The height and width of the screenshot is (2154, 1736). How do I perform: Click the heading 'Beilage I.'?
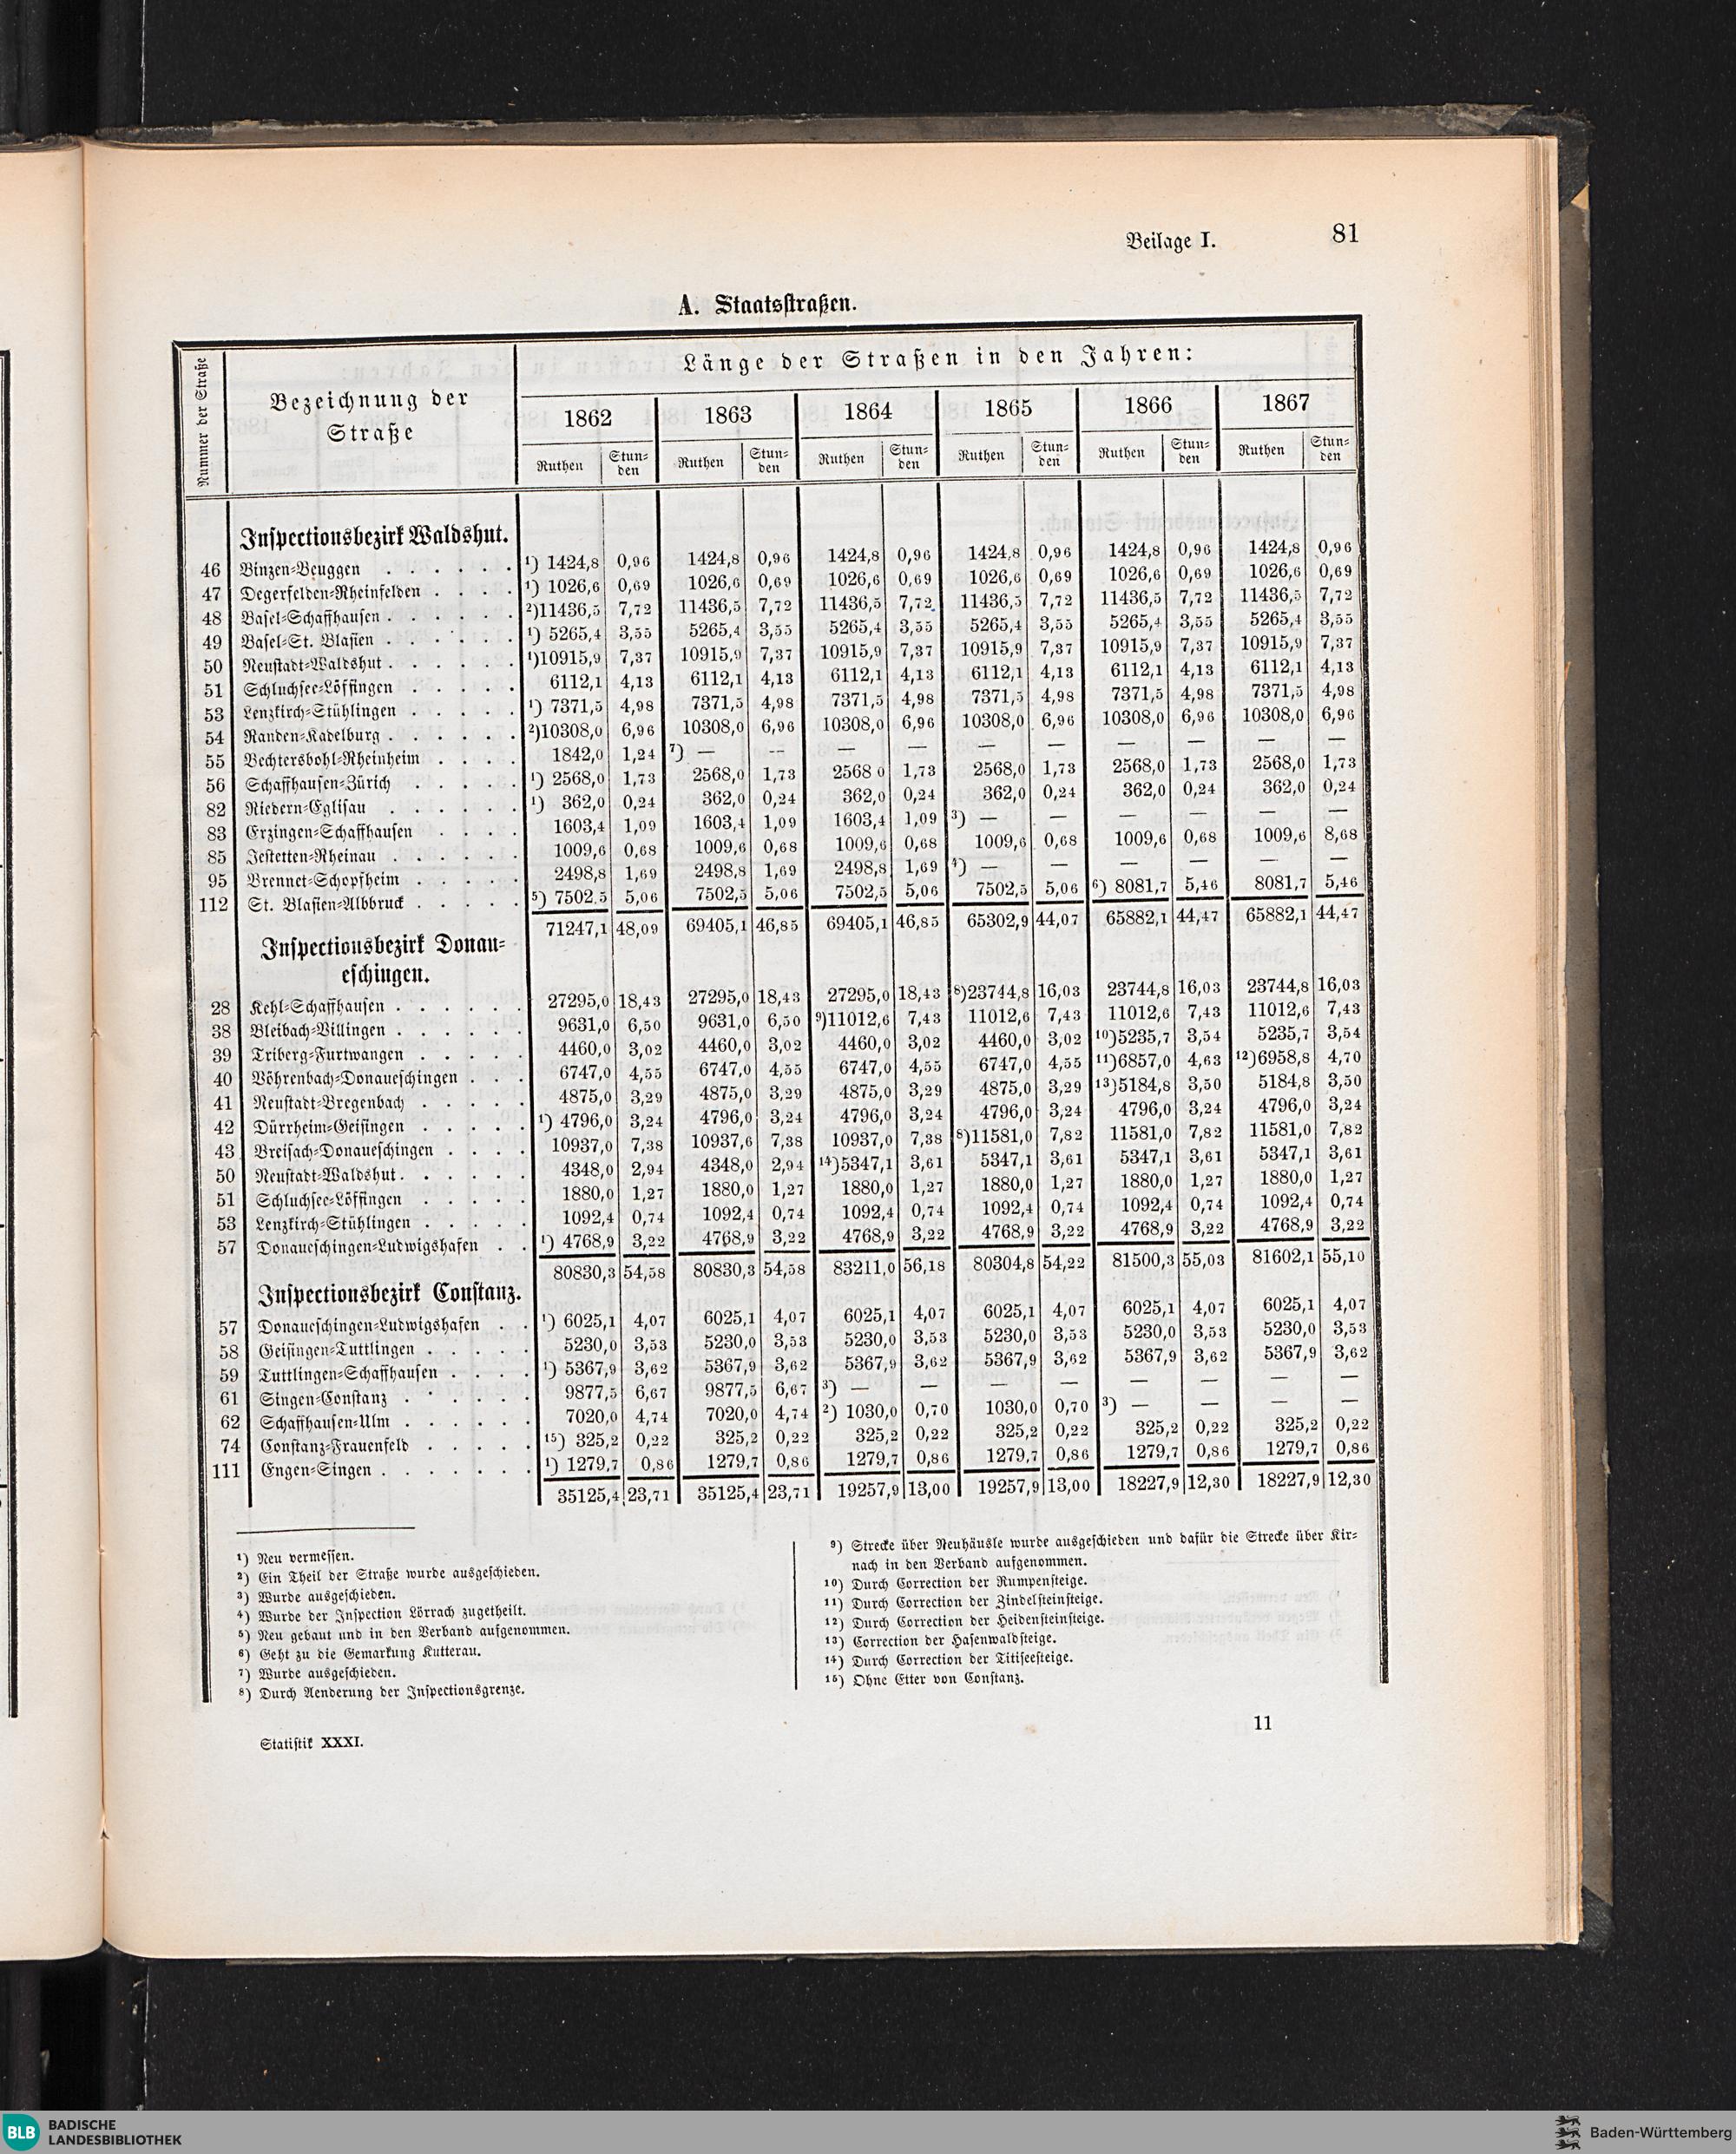pyautogui.click(x=1169, y=240)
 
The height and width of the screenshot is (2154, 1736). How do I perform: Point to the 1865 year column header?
pyautogui.click(x=1007, y=408)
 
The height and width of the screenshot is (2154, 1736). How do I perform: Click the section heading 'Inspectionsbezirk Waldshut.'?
pyautogui.click(x=375, y=538)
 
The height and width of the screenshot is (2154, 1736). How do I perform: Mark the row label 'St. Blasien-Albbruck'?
pyautogui.click(x=322, y=904)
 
